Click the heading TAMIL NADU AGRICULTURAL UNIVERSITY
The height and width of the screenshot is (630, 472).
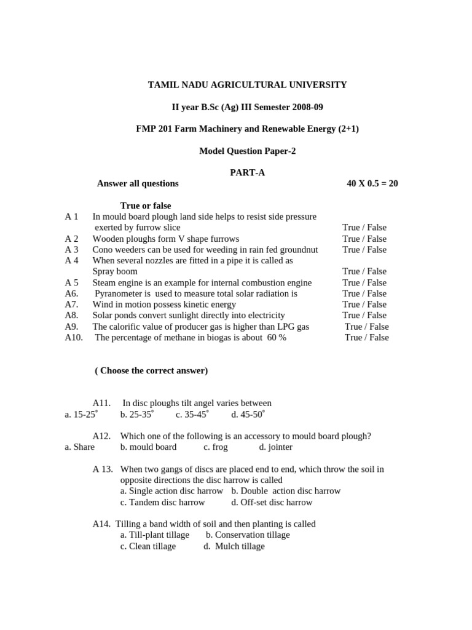pyautogui.click(x=247, y=85)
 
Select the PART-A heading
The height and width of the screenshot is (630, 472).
pyautogui.click(x=248, y=173)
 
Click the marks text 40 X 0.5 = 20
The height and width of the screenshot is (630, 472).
pyautogui.click(x=372, y=183)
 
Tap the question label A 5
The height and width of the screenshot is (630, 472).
pyautogui.click(x=72, y=283)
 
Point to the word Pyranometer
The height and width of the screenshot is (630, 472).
pyautogui.click(x=121, y=294)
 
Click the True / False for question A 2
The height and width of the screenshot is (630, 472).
pyautogui.click(x=364, y=239)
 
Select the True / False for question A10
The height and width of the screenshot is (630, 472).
pyautogui.click(x=367, y=338)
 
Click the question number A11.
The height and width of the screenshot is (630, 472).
pyautogui.click(x=102, y=404)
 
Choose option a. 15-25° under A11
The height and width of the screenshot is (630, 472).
pyautogui.click(x=81, y=415)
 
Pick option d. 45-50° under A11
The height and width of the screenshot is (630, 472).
pyautogui.click(x=248, y=415)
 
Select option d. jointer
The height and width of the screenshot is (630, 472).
pyautogui.click(x=276, y=447)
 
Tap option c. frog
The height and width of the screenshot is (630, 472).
pyautogui.click(x=216, y=447)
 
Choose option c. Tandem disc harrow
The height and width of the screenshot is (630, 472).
pyautogui.click(x=163, y=503)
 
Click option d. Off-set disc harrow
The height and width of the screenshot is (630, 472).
pyautogui.click(x=272, y=503)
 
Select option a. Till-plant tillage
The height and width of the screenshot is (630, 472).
pyautogui.click(x=155, y=535)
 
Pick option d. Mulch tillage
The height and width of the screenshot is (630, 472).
pyautogui.click(x=234, y=546)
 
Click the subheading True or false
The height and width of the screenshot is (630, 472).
pyautogui.click(x=146, y=206)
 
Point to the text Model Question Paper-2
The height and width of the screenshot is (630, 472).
pyautogui.click(x=247, y=151)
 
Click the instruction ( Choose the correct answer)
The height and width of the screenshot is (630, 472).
pyautogui.click(x=151, y=371)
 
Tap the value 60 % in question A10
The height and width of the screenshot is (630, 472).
pyautogui.click(x=277, y=338)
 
